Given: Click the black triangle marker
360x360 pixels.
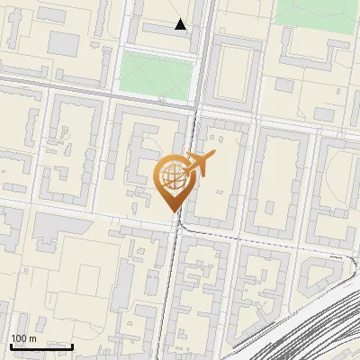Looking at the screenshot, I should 181,24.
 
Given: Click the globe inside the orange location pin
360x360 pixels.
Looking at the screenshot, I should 172,176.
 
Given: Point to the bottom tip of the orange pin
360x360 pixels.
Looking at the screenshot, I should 172,211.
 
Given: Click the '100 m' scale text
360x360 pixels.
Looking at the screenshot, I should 23,338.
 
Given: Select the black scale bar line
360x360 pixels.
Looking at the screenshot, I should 41,346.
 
